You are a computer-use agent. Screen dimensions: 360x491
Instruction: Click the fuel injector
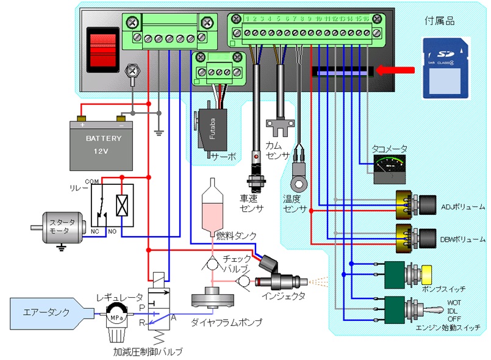point(278,281)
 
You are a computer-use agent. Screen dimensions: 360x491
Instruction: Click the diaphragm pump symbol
point(212,301)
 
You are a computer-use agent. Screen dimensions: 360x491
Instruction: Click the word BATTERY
point(103,139)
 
